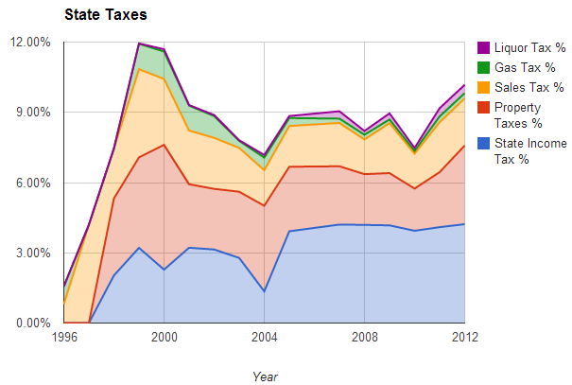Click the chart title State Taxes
(105, 15)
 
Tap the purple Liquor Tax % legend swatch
(483, 47)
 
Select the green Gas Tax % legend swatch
(483, 68)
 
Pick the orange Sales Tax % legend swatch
(483, 88)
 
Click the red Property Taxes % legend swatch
(483, 108)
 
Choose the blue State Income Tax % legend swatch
(483, 143)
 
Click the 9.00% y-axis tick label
(33, 113)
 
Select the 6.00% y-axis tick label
(33, 183)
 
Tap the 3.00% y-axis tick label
(33, 253)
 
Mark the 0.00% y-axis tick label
(33, 324)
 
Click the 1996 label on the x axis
(64, 337)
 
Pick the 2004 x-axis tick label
(265, 337)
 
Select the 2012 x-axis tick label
(464, 337)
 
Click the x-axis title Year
(265, 376)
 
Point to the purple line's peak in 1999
(139, 44)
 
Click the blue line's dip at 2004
(265, 291)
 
